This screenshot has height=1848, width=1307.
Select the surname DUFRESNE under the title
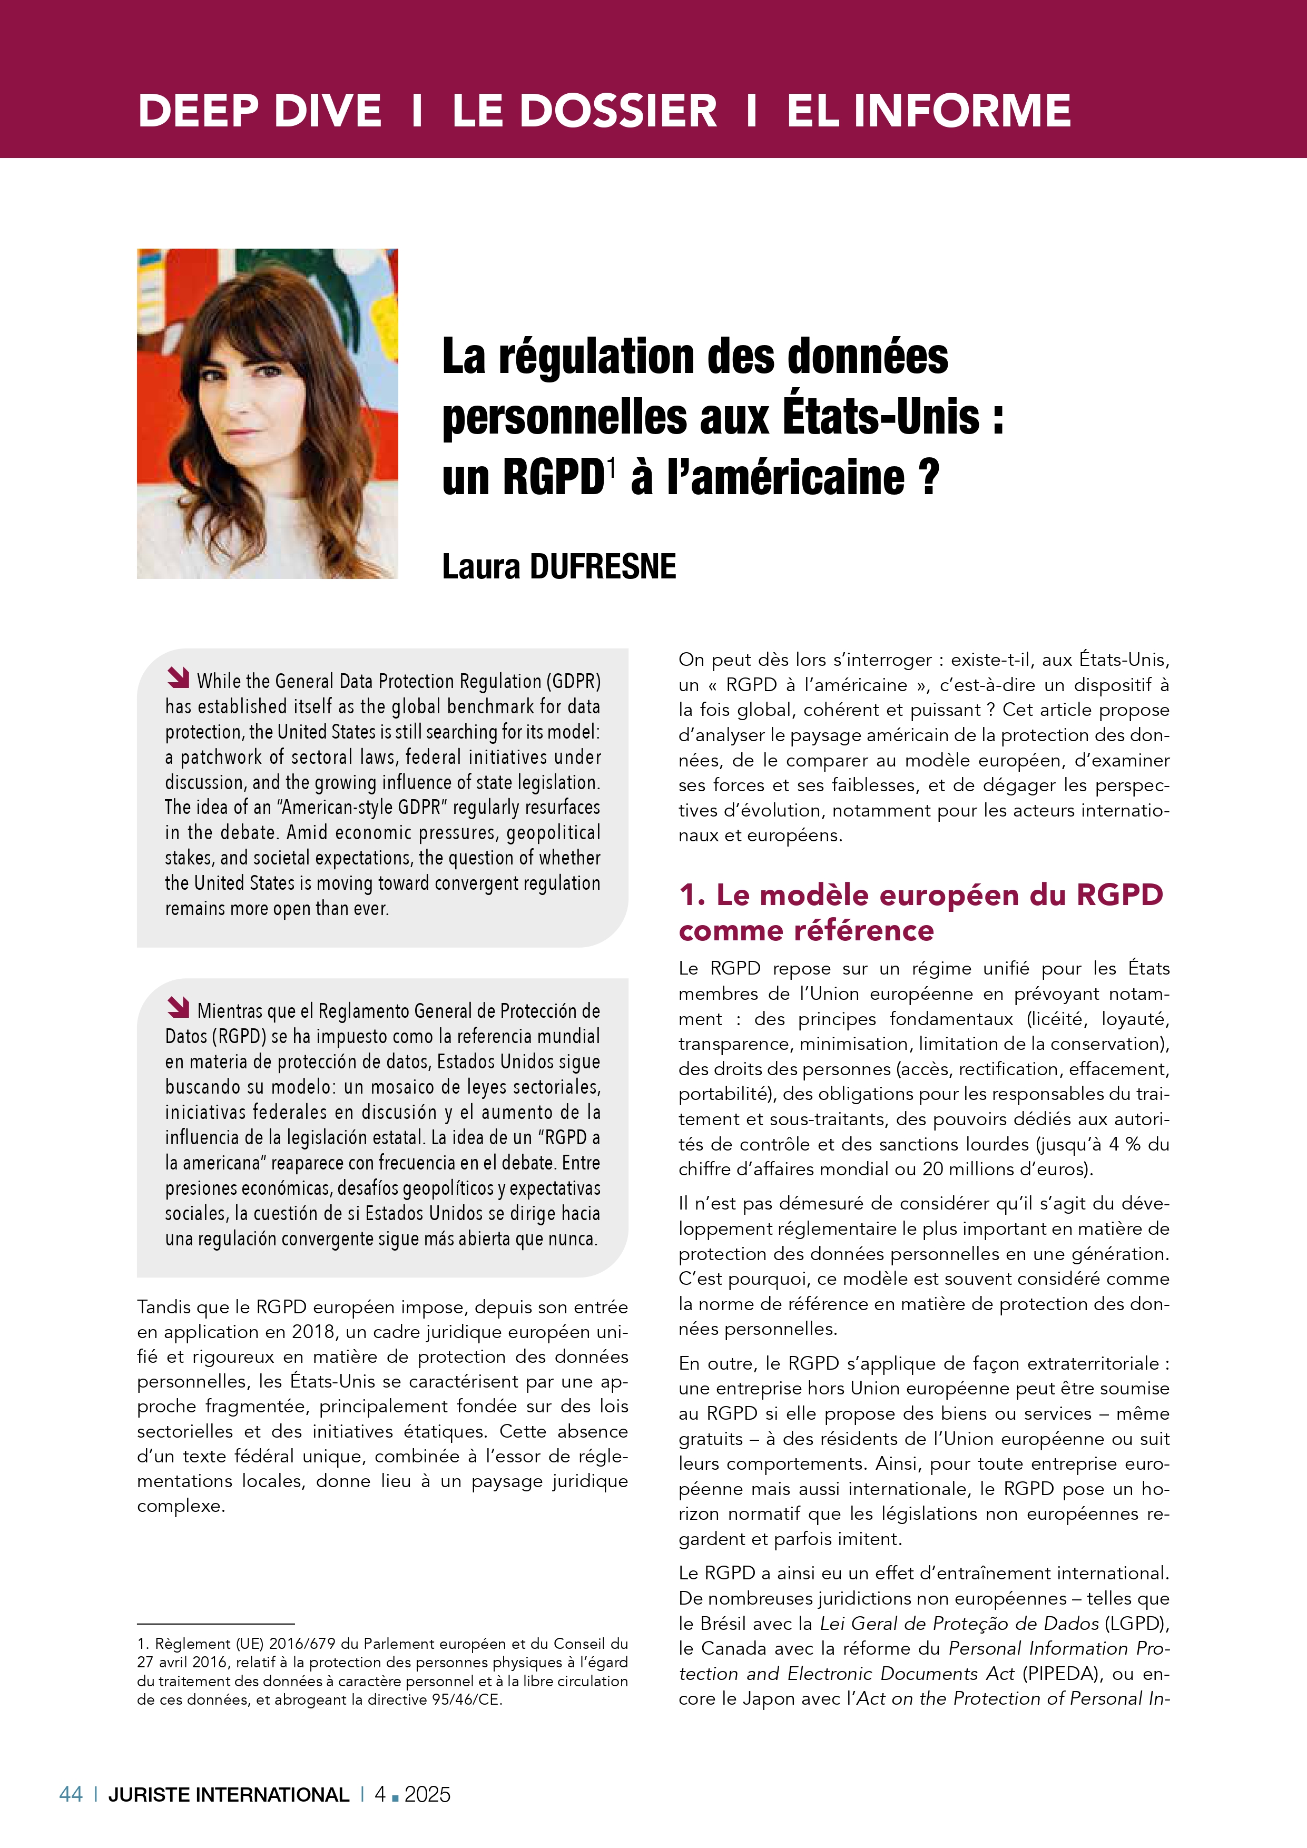[x=603, y=567]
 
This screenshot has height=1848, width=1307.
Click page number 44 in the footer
[x=71, y=1794]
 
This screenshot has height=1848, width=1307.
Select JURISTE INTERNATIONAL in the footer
[x=229, y=1794]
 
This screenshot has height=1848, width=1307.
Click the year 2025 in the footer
[x=427, y=1794]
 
